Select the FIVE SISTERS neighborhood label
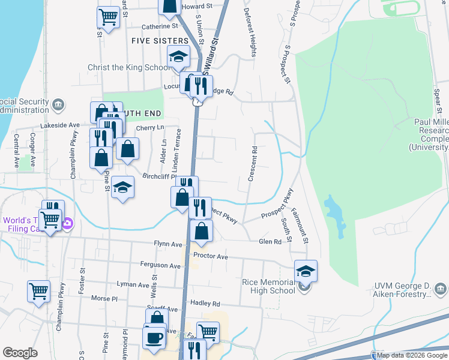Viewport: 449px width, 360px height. click(156, 41)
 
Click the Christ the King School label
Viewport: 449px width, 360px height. click(130, 67)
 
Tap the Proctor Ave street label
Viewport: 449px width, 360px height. click(211, 256)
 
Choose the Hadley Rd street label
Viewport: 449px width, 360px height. click(205, 304)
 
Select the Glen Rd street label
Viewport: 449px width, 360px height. click(270, 241)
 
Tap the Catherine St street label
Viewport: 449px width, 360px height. click(160, 26)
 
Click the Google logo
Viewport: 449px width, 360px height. click(20, 353)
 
